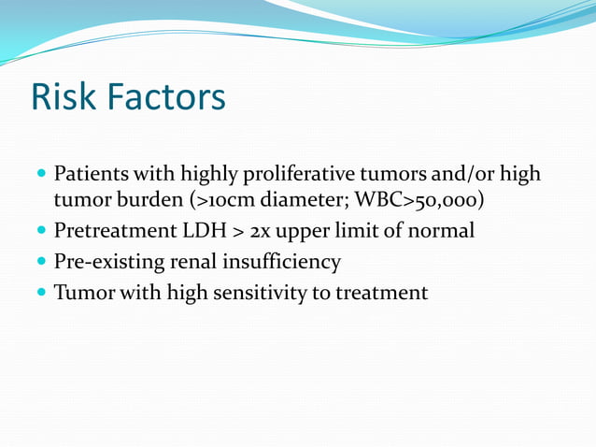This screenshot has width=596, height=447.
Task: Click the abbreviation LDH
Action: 203,231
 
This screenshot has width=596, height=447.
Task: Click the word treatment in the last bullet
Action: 386,294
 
